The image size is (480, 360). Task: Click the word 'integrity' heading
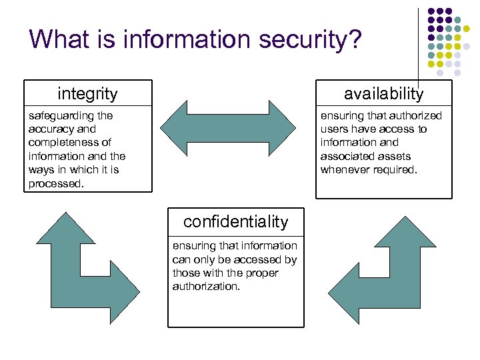click(x=87, y=94)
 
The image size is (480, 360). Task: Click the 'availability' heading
click(x=383, y=94)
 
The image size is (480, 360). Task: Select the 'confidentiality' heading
click(x=235, y=222)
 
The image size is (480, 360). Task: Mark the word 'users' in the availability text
click(x=335, y=129)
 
